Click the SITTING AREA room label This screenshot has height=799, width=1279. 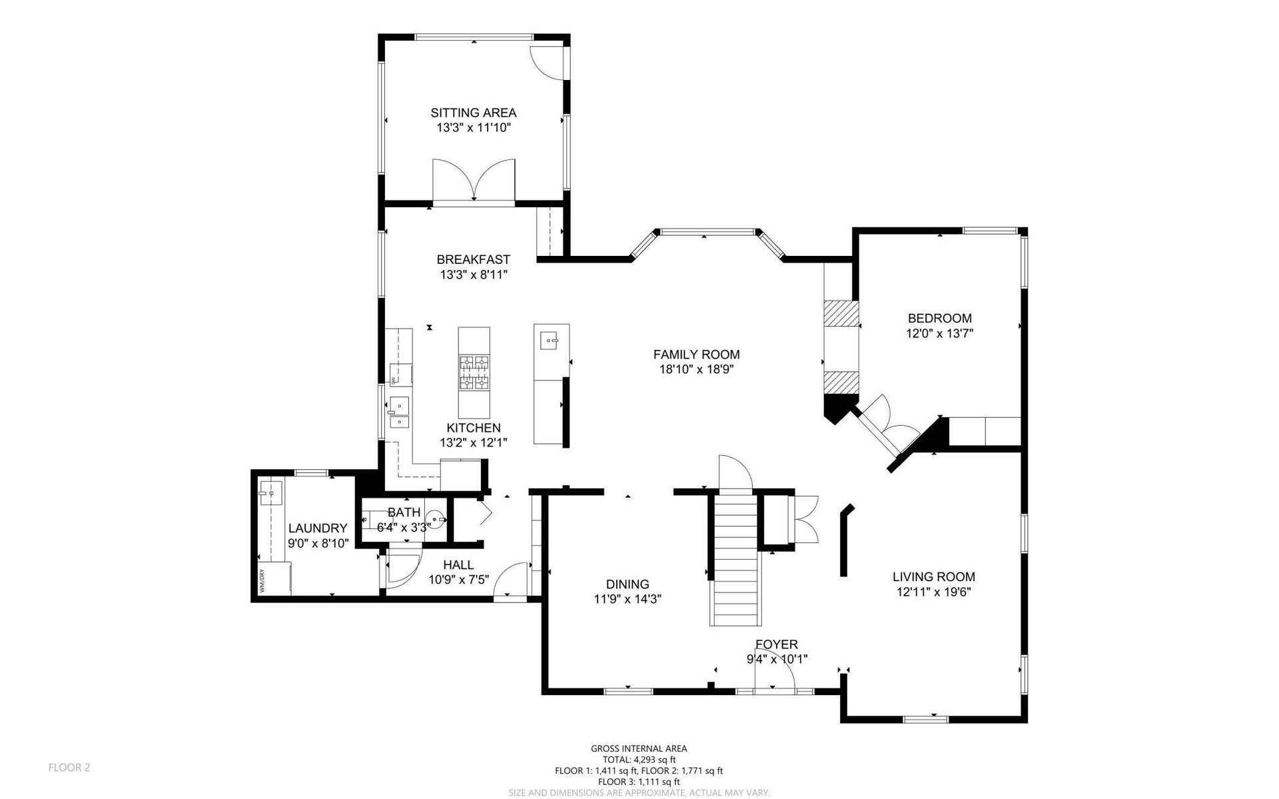(473, 113)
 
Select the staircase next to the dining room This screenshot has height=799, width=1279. (735, 558)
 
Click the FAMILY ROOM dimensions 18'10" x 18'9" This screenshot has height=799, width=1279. (696, 369)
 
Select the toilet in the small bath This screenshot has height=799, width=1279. (435, 518)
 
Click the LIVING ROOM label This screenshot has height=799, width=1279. (933, 577)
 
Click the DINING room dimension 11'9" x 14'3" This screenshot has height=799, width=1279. (628, 599)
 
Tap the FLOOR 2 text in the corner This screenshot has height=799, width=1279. (69, 767)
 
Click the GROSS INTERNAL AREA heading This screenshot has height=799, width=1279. (639, 748)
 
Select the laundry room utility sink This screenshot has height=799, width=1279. (272, 493)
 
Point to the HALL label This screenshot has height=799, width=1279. (458, 565)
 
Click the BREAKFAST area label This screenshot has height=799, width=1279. (473, 259)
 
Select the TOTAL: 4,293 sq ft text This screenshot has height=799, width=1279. (639, 759)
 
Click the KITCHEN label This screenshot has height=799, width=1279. (473, 428)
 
